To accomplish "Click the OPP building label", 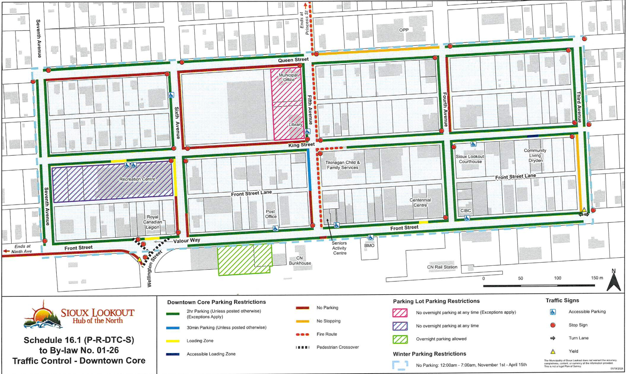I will (x=403, y=30).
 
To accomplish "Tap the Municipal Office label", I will (x=288, y=77).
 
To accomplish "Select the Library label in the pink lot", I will (x=295, y=125).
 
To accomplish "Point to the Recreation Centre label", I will (x=137, y=179).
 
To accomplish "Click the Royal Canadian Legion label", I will (x=152, y=222).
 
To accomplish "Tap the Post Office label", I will (x=271, y=214).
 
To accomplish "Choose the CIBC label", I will (x=466, y=210).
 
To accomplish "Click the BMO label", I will (x=369, y=245).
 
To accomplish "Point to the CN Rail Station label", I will (x=442, y=267).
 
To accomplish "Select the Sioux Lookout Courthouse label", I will (x=470, y=159).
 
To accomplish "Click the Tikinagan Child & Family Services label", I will (x=342, y=165).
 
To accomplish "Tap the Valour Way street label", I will (x=187, y=240).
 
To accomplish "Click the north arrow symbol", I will (x=613, y=280).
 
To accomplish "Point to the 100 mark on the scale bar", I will (x=557, y=278).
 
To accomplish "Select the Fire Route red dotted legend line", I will (x=302, y=334).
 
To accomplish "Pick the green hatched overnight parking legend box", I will (x=400, y=339).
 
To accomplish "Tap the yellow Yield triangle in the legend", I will (x=553, y=351).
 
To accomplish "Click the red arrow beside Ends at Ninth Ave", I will (x=6, y=251).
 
